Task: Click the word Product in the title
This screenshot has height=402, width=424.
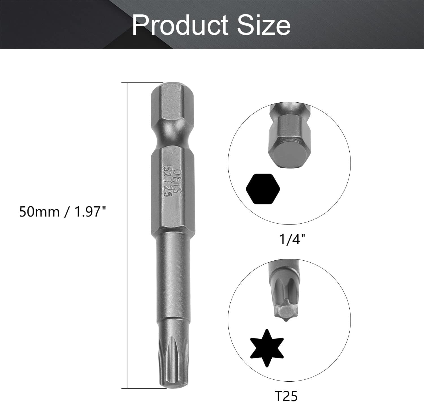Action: pyautogui.click(x=180, y=25)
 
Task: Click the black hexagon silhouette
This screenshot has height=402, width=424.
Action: pyautogui.click(x=263, y=189)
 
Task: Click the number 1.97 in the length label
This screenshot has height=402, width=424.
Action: pyautogui.click(x=86, y=212)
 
